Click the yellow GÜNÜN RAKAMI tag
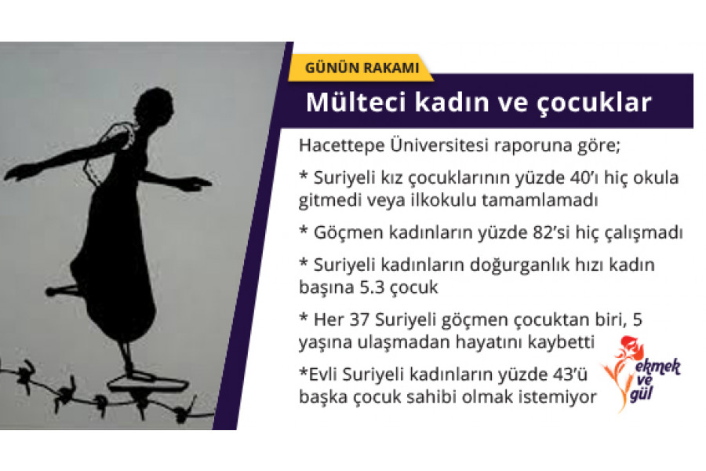point(361,68)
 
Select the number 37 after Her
point(359,319)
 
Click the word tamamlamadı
point(540,201)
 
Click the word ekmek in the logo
point(658,367)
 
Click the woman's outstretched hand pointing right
point(196,184)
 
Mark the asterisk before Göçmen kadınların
point(304,231)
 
